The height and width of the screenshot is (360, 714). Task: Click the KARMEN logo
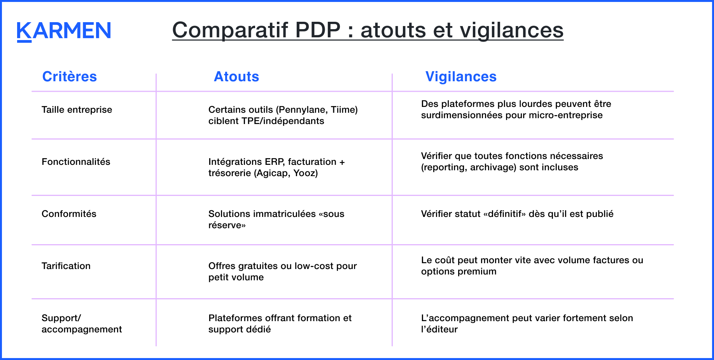point(64,31)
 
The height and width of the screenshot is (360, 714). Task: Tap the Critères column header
point(69,77)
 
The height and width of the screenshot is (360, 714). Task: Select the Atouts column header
point(236,77)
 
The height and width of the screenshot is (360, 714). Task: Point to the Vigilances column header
point(461,77)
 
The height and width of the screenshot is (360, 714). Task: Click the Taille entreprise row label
point(77,110)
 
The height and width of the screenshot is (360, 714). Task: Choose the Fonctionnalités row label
point(76,162)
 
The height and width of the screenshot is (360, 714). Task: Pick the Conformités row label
point(69,214)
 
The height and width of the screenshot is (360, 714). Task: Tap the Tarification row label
point(66,266)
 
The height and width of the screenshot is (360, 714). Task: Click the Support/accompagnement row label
point(81,323)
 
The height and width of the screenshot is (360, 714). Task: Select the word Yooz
point(305,173)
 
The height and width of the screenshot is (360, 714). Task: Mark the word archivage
point(493,167)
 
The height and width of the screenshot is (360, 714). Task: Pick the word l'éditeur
point(439,329)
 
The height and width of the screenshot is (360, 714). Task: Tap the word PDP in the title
point(318,30)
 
